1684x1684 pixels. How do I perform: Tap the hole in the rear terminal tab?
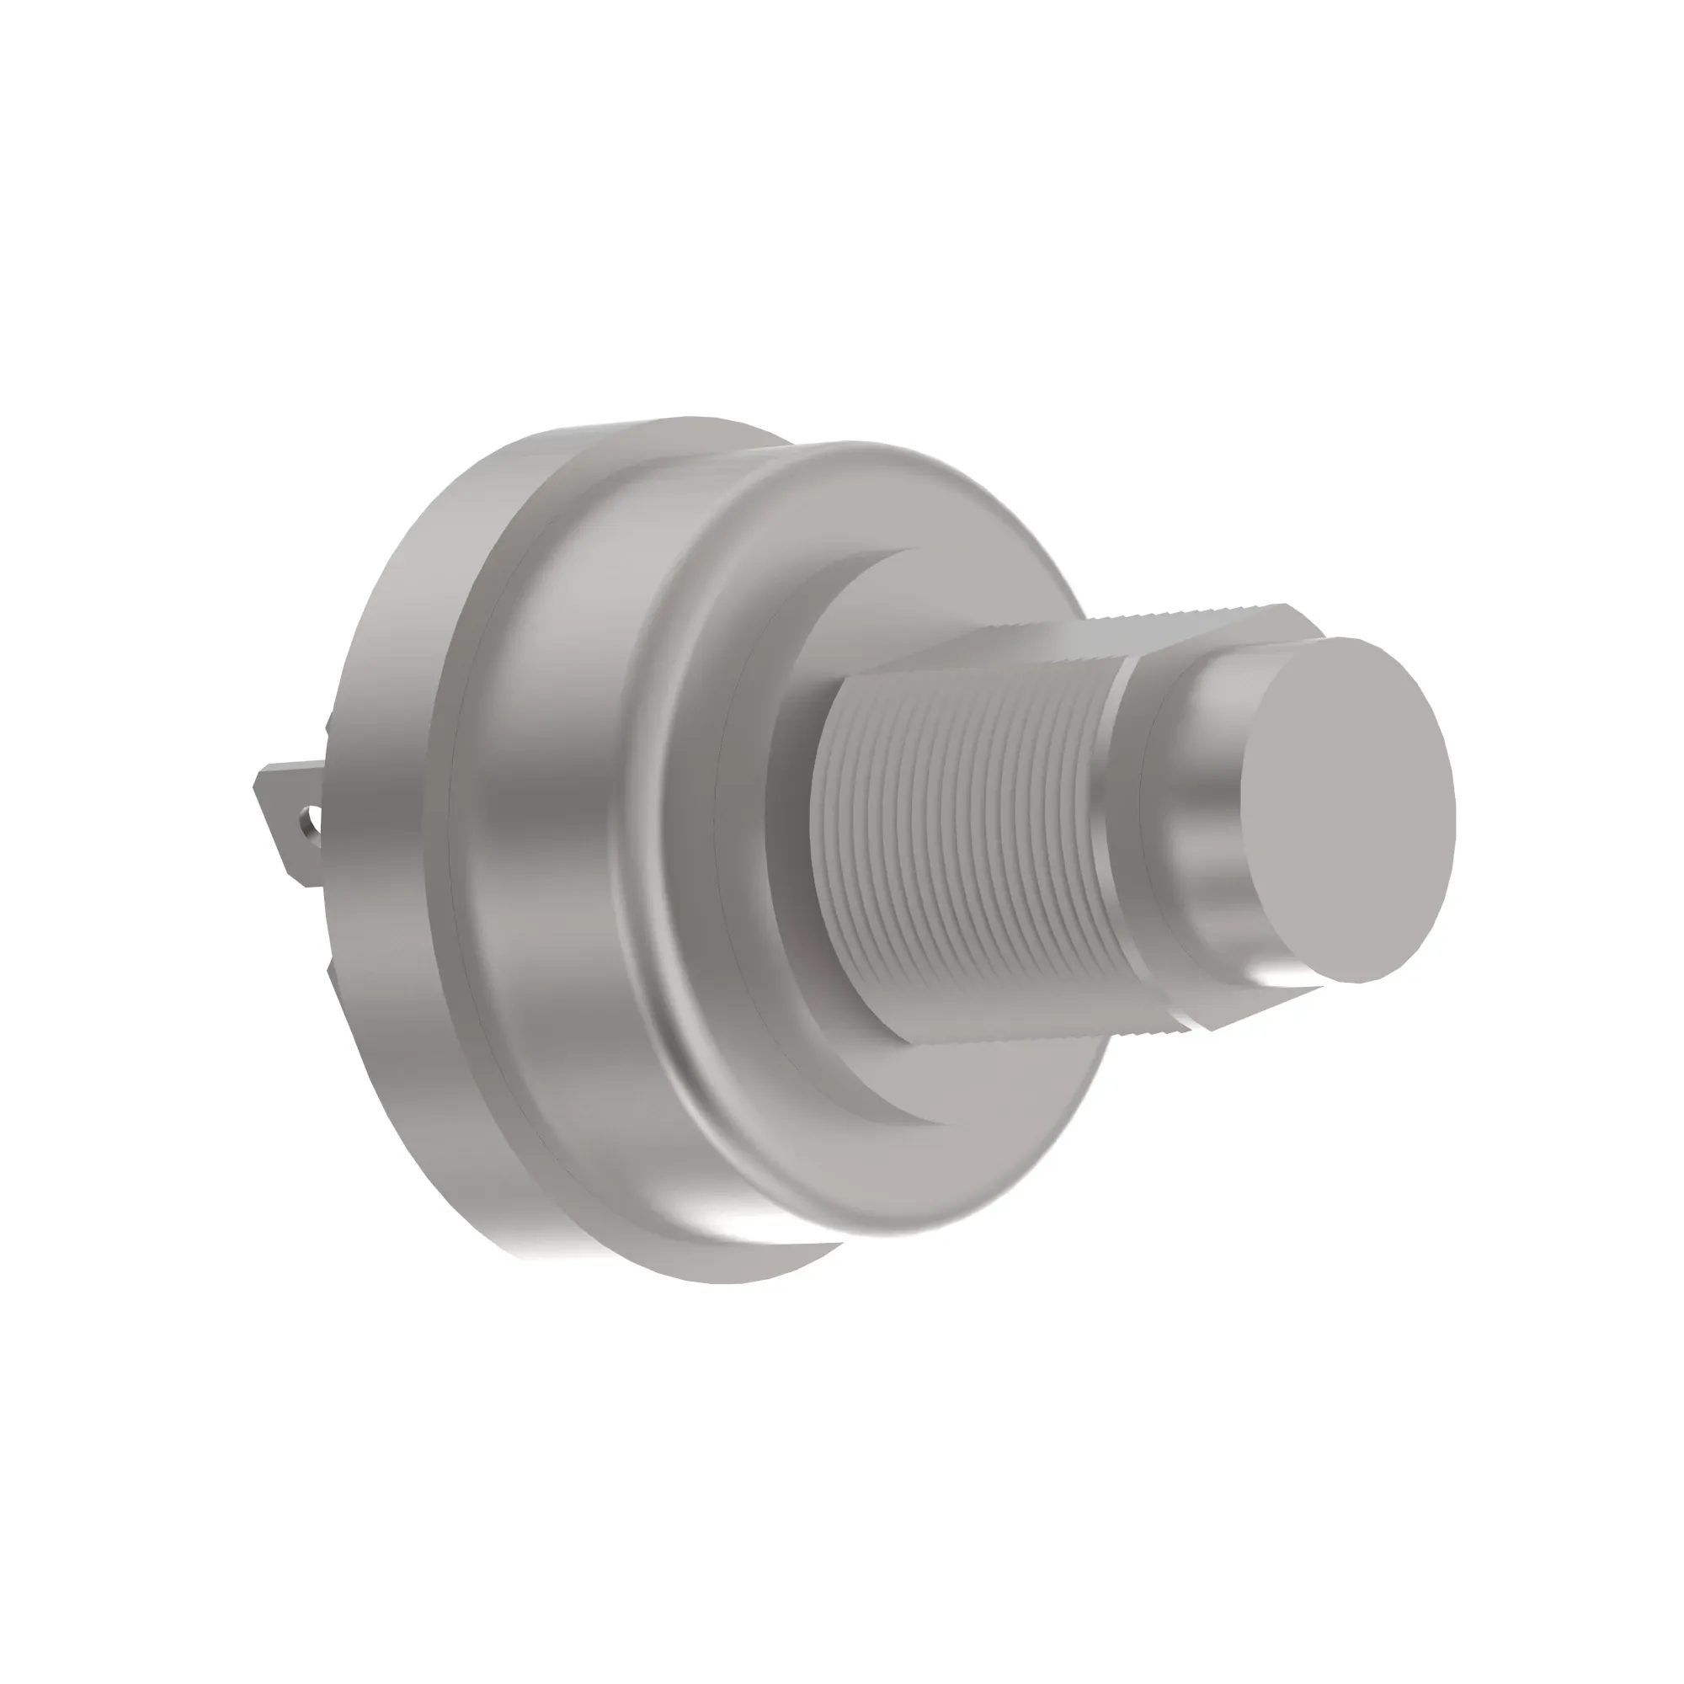click(304, 819)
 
